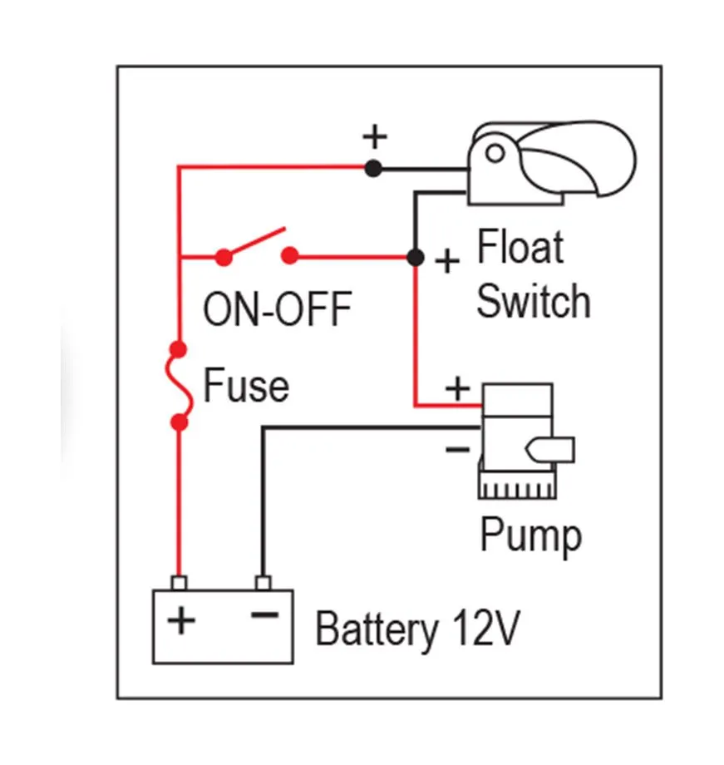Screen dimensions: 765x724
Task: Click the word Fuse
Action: [247, 386]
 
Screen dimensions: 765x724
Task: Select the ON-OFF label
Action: [278, 309]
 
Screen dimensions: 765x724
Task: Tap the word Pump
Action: [530, 535]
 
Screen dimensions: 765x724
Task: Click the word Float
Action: [520, 249]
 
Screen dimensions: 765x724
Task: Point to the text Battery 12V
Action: [417, 629]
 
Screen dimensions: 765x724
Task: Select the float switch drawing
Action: [549, 161]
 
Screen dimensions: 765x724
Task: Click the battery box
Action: [222, 626]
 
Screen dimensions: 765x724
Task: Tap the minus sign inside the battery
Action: [263, 615]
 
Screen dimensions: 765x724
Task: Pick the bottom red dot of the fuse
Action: [178, 422]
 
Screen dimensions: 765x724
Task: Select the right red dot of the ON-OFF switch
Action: [289, 256]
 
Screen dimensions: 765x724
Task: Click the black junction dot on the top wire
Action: [374, 168]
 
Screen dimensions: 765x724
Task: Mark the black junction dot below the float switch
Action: [415, 257]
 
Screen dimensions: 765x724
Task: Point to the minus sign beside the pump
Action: [457, 450]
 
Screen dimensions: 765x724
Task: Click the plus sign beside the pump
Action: [457, 388]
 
